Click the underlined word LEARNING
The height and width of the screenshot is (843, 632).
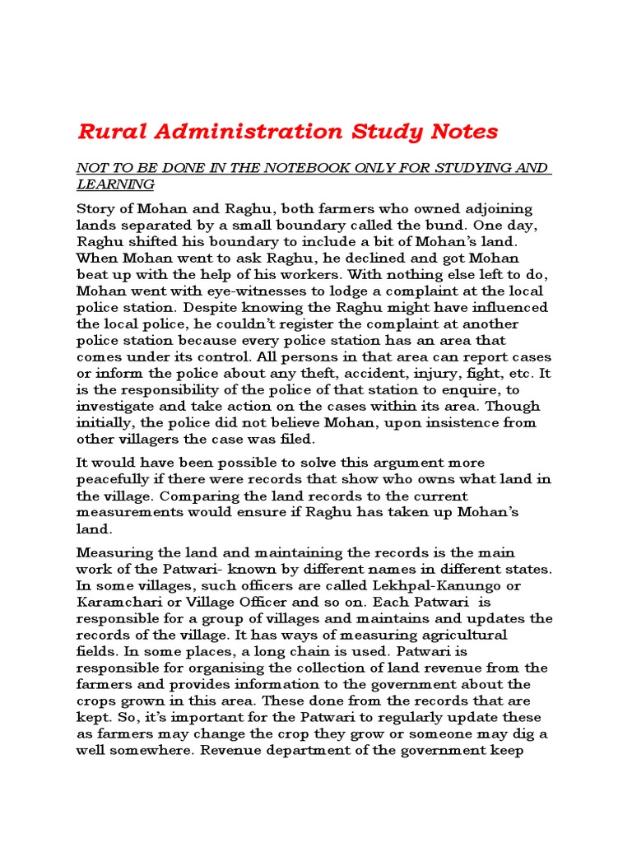pos(115,184)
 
